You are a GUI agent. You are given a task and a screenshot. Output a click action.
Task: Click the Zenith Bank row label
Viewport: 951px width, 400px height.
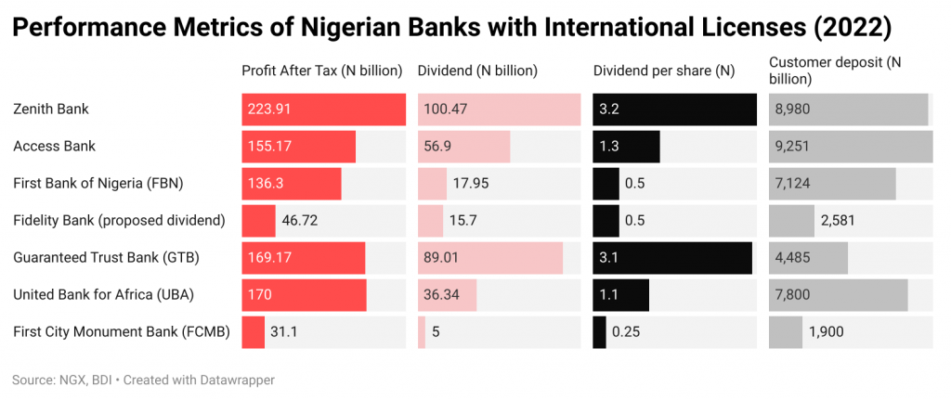tap(51, 110)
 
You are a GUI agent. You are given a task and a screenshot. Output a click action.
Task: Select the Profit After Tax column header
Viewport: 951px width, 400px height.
tap(321, 71)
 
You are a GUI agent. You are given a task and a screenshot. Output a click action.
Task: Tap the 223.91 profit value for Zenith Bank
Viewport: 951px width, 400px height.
tap(269, 110)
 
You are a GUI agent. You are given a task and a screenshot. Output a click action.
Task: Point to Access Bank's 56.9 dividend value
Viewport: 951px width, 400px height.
tap(438, 147)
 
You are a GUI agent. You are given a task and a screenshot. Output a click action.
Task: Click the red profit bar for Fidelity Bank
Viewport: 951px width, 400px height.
tap(258, 221)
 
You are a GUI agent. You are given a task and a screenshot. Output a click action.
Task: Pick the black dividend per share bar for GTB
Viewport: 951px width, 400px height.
tap(672, 258)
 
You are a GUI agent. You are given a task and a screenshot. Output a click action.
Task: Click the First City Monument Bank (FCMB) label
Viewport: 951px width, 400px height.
tap(122, 332)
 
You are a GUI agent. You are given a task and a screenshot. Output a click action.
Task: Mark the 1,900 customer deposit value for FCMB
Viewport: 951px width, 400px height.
tap(827, 332)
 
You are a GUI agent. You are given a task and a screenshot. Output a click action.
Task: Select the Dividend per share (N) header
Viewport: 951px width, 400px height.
tap(664, 71)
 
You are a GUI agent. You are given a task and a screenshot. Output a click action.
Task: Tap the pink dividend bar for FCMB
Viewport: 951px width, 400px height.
tap(422, 332)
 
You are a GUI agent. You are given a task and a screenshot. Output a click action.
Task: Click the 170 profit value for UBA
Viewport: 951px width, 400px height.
tap(259, 295)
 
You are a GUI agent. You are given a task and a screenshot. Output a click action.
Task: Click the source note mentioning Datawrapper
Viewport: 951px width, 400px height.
tap(144, 380)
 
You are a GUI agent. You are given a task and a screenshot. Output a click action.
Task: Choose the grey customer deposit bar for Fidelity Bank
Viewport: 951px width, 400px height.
tap(791, 221)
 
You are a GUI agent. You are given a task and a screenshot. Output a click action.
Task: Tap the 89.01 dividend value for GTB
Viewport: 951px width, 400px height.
tap(443, 258)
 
